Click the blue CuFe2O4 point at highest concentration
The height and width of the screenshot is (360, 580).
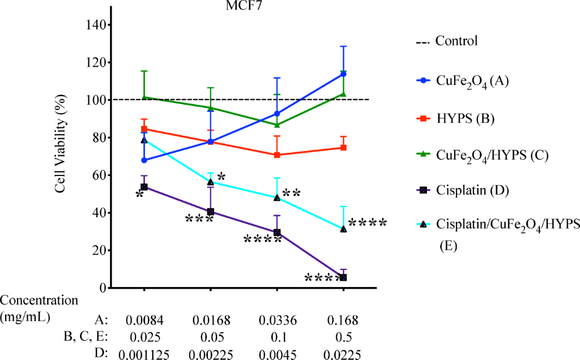click(x=343, y=74)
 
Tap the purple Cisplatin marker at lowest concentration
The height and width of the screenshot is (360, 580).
click(x=144, y=187)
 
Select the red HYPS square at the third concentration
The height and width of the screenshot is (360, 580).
click(x=277, y=155)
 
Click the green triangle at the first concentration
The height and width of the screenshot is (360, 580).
click(x=144, y=97)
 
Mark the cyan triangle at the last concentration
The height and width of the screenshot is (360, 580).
click(x=343, y=229)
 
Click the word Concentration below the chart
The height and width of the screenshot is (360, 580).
click(x=39, y=301)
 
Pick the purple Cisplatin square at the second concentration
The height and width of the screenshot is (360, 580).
click(x=211, y=212)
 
